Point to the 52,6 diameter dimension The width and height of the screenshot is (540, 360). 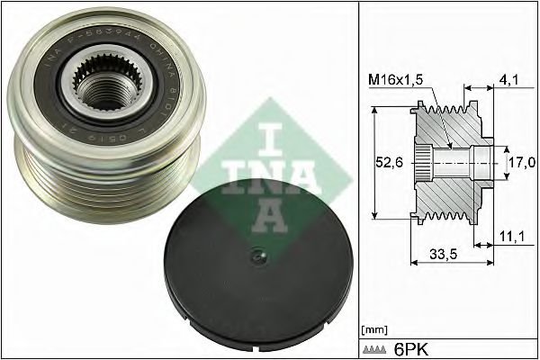(x=389, y=164)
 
